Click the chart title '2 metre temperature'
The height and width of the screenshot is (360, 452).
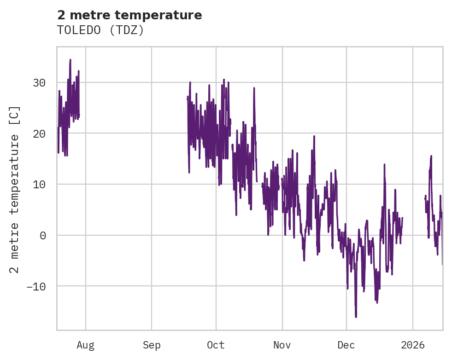[129, 15]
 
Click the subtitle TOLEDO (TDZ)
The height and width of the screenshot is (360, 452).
[100, 30]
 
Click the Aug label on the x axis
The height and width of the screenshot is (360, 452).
[86, 345]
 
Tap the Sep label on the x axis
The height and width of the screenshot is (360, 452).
[152, 345]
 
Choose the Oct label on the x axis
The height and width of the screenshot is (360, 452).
[216, 345]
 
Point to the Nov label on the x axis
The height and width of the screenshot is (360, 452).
[282, 345]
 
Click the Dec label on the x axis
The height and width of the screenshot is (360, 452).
[346, 345]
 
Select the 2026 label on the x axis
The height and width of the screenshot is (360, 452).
[413, 345]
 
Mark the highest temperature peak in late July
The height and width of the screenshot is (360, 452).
[70, 59]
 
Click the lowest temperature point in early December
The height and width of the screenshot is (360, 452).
[356, 317]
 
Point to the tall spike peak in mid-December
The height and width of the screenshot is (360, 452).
[384, 164]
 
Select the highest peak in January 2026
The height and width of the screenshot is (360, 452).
[431, 156]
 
